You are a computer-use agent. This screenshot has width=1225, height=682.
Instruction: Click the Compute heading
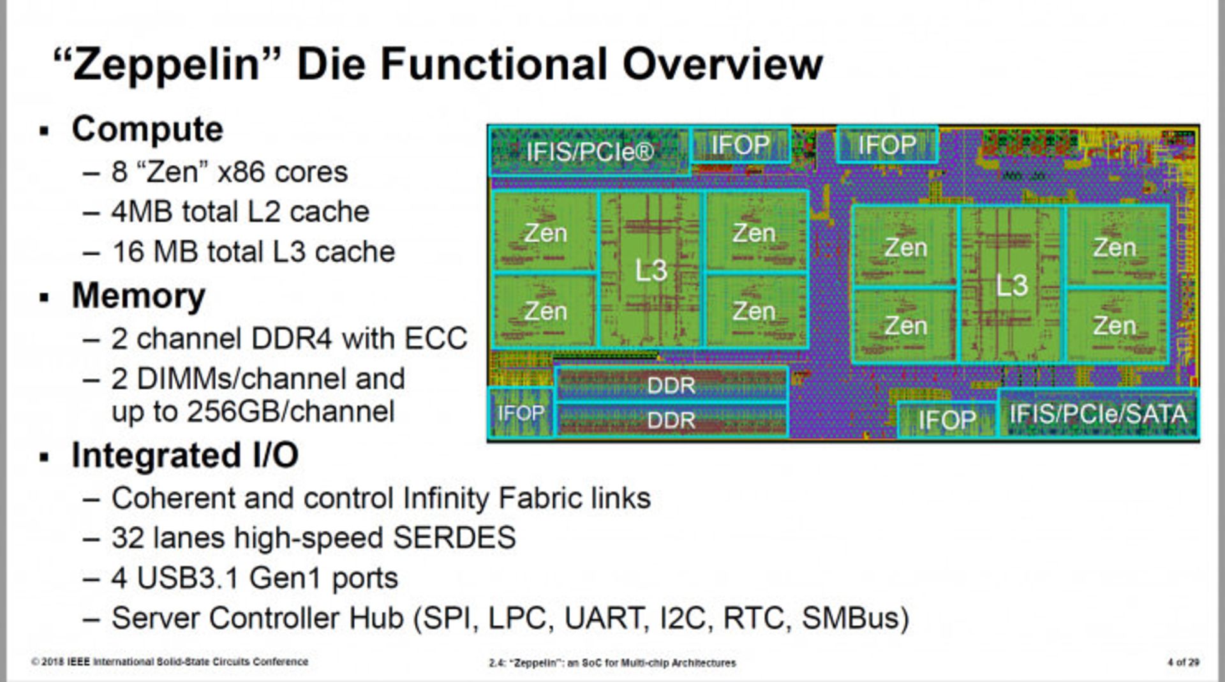[x=147, y=129]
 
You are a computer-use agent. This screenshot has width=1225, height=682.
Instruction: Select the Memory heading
[x=138, y=296]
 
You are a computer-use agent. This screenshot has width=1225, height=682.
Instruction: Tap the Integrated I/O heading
[x=184, y=456]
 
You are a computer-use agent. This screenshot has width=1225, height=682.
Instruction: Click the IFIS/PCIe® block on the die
[x=590, y=152]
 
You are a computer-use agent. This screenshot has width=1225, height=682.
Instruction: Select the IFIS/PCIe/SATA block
[x=1097, y=414]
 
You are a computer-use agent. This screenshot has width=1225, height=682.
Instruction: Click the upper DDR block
[x=671, y=385]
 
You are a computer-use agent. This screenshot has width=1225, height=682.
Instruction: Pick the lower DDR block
[x=671, y=420]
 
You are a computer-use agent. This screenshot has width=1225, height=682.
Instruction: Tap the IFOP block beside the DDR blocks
[x=521, y=413]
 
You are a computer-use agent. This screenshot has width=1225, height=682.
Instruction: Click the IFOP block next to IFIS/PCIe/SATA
[x=947, y=420]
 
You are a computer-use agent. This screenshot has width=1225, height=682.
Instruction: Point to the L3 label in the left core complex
[x=651, y=271]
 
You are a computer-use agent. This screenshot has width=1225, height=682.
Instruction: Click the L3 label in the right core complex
[x=1012, y=285]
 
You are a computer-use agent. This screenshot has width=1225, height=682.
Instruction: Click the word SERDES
[x=454, y=538]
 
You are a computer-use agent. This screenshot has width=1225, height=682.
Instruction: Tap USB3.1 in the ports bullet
[x=188, y=578]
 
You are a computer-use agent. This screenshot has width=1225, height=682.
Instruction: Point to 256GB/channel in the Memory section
[x=253, y=411]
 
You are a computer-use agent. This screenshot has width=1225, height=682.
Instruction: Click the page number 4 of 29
[x=1183, y=662]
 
